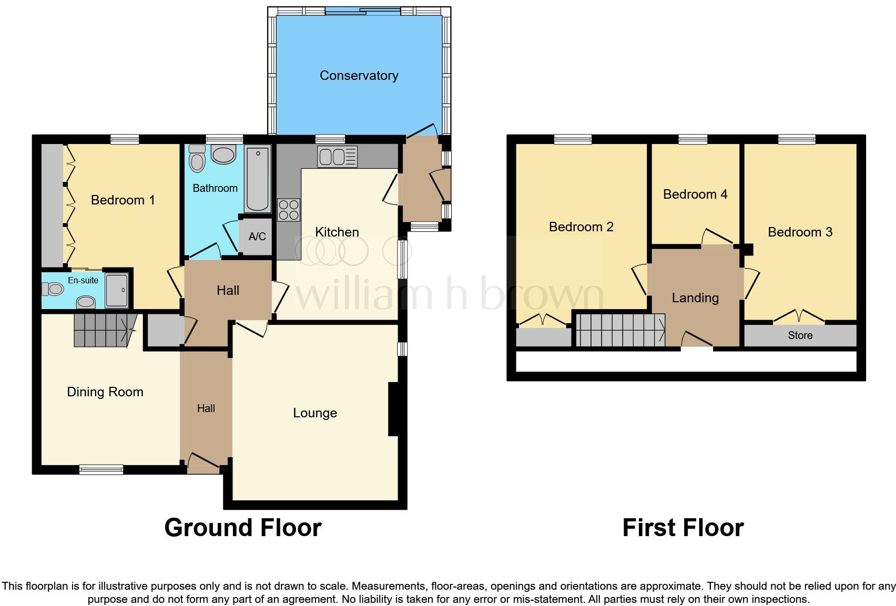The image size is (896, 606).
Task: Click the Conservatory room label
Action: click(x=359, y=76)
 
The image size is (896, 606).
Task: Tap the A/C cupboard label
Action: click(x=257, y=237)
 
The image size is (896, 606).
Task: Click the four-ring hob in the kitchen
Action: click(x=289, y=210)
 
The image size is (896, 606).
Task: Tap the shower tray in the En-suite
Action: click(x=116, y=290)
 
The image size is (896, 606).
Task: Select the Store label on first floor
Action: click(x=800, y=335)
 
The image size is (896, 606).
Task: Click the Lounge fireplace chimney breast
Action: click(x=393, y=409)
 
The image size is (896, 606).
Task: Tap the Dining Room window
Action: click(x=101, y=469)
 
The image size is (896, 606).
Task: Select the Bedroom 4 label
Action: click(x=695, y=194)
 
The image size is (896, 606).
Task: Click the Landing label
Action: click(x=695, y=298)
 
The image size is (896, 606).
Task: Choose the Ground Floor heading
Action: click(x=242, y=528)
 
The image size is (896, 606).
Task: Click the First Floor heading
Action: click(x=683, y=528)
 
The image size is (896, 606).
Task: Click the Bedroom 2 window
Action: click(x=573, y=139)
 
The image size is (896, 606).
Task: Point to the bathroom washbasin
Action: click(x=224, y=155)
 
